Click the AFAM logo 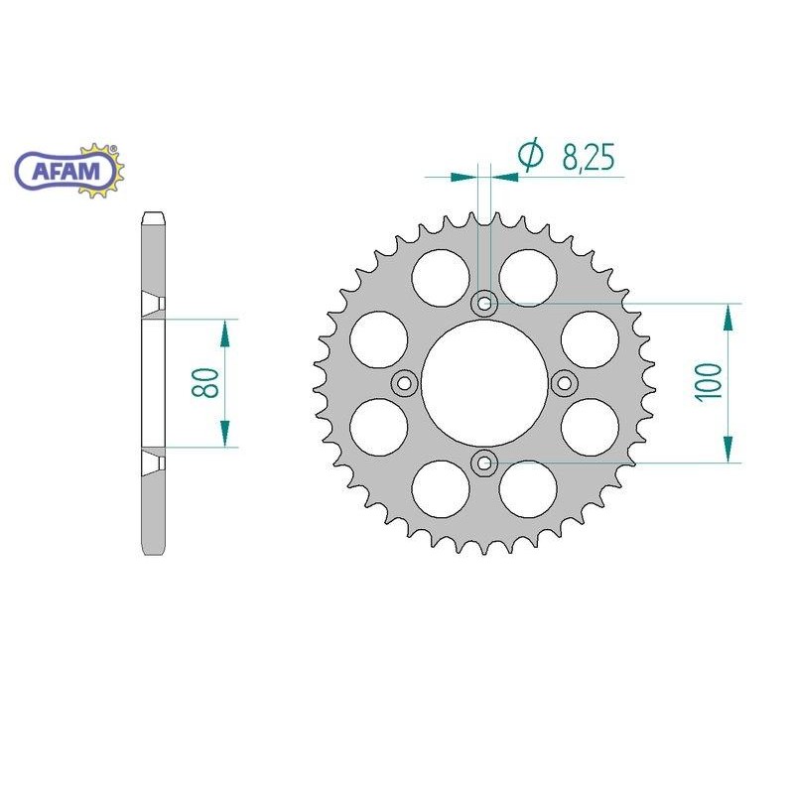[x=67, y=171]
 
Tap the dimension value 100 [x=708, y=382]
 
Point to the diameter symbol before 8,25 [x=531, y=154]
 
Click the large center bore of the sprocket [x=484, y=383]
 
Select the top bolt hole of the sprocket [x=484, y=304]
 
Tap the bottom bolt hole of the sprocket [x=484, y=462]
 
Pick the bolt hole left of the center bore [x=405, y=383]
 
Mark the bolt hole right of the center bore [x=564, y=383]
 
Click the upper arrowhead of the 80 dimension [x=225, y=332]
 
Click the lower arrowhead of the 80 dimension [x=225, y=434]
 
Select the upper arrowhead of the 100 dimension [x=729, y=318]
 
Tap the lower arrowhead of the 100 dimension [x=729, y=449]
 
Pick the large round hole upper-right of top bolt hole [x=527, y=276]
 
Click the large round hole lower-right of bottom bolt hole [x=527, y=489]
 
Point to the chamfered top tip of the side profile [x=153, y=217]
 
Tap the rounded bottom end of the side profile [x=153, y=550]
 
